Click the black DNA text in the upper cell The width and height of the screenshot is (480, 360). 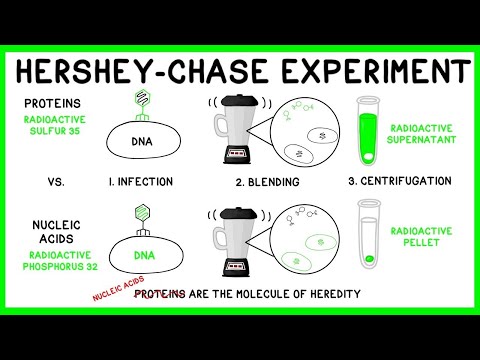141,143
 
